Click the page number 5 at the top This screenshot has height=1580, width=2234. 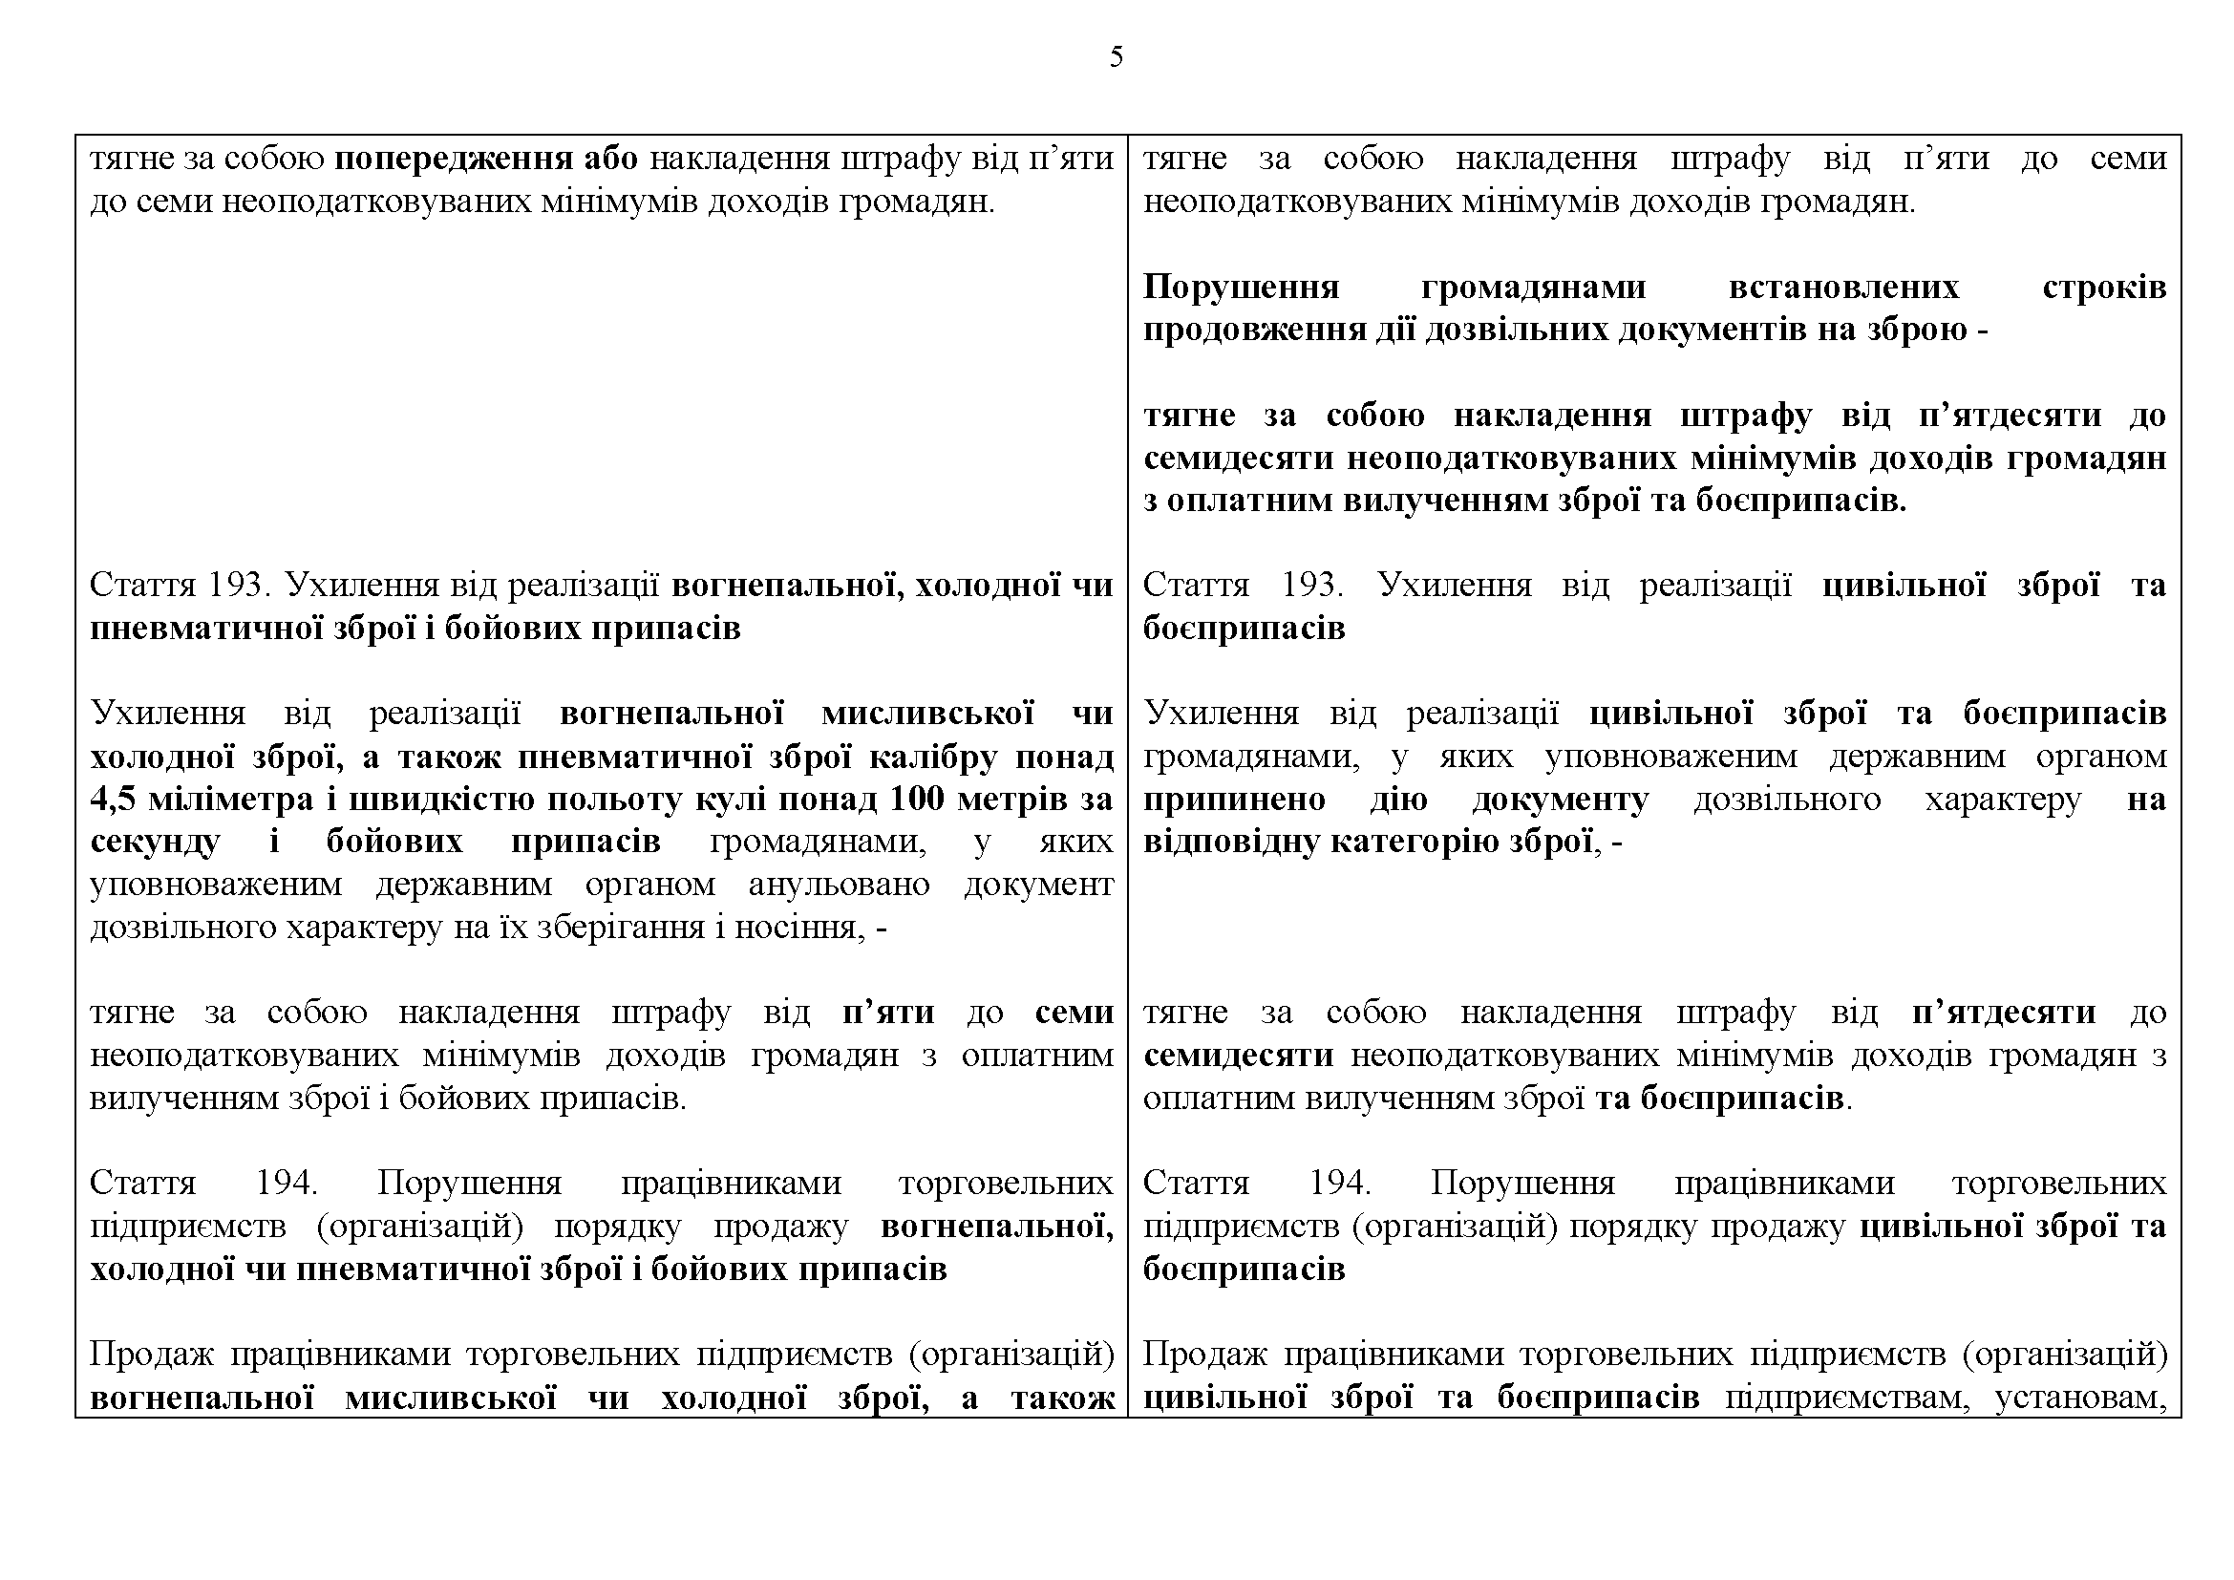click(x=1116, y=57)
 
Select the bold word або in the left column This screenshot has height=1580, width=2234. click(x=610, y=159)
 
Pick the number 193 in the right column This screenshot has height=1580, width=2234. click(x=1310, y=586)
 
